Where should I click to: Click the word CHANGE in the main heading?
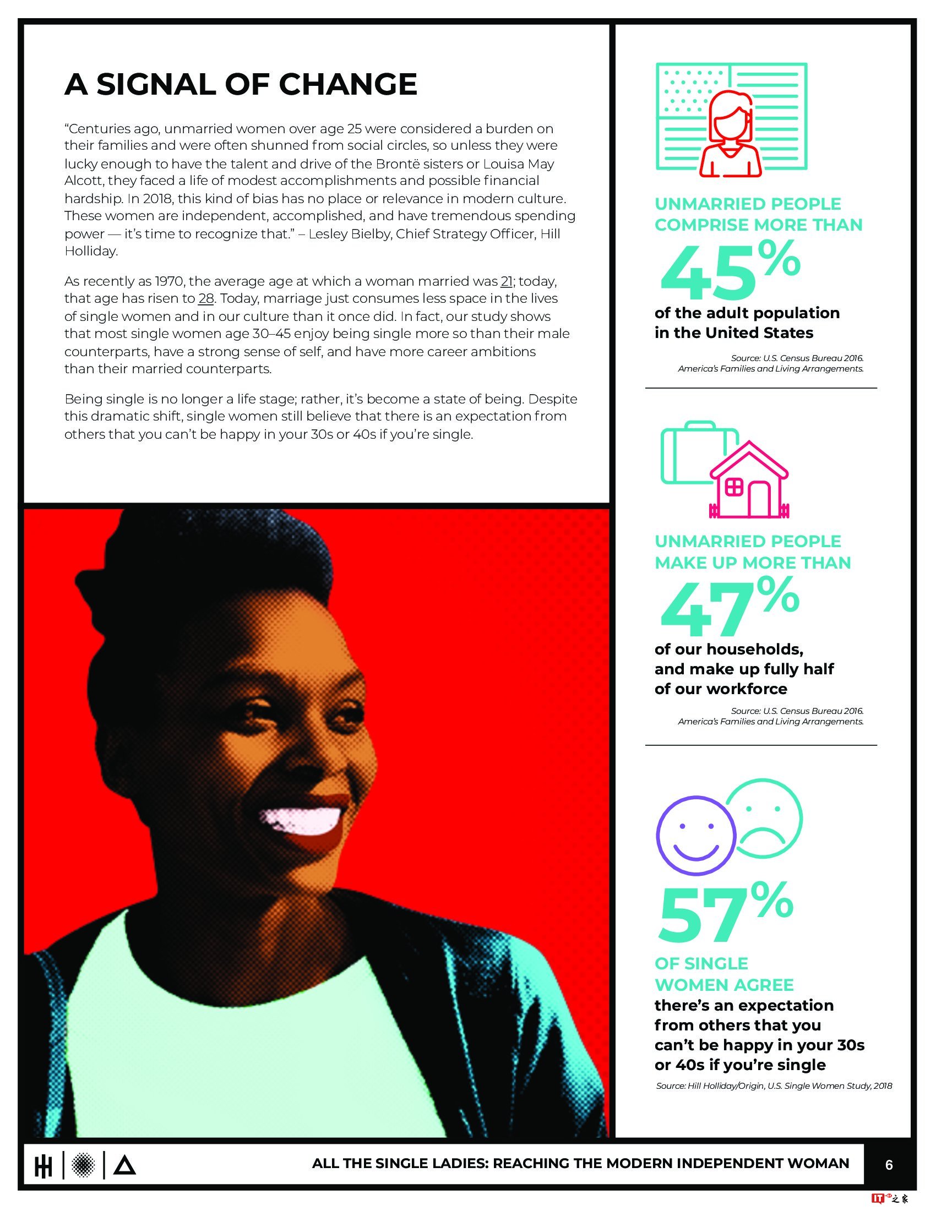coord(347,84)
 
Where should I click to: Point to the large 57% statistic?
coord(724,918)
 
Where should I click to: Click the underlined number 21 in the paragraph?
coord(506,282)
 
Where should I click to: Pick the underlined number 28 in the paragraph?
coord(206,299)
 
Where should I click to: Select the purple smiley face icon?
coord(695,841)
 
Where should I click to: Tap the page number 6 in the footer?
coord(889,1164)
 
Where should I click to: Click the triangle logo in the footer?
coord(124,1165)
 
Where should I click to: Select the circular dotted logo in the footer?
coord(84,1164)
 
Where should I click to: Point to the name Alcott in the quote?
coord(84,181)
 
